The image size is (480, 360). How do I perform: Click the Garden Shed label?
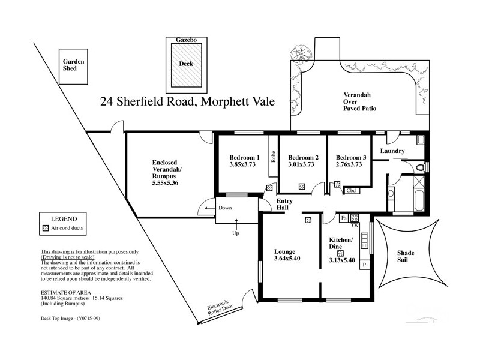[75, 65]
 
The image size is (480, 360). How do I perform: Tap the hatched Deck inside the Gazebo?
[187, 68]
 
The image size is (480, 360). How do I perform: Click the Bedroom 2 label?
[303, 157]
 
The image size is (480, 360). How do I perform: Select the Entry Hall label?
[283, 204]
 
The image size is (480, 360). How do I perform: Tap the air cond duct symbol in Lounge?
[308, 220]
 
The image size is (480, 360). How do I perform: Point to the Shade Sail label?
[406, 257]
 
